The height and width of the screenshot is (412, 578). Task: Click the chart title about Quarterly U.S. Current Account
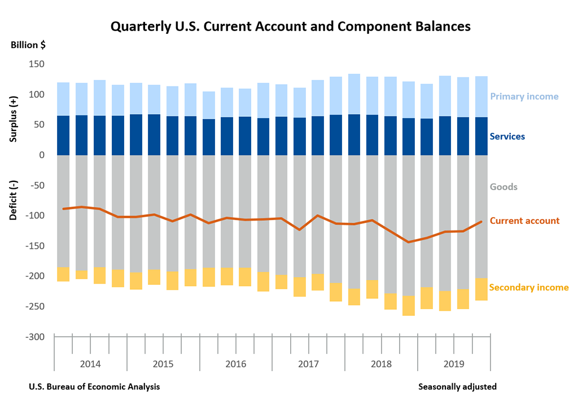290,27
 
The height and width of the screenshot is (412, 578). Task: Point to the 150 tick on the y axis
37,64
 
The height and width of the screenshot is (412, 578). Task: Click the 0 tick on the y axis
42,155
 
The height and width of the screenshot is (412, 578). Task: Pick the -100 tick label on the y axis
35,215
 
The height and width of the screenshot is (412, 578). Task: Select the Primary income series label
524,96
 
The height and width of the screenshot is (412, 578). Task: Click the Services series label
507,136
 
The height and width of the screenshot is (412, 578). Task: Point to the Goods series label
503,187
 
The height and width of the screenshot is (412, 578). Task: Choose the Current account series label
524,220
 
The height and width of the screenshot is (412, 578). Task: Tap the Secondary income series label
528,288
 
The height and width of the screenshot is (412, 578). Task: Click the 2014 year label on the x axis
90,363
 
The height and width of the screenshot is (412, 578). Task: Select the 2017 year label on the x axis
308,363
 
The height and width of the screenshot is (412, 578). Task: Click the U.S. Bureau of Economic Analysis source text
94,387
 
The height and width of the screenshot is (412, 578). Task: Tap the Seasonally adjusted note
457,387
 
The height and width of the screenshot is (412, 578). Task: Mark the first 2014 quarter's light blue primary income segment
63,99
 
